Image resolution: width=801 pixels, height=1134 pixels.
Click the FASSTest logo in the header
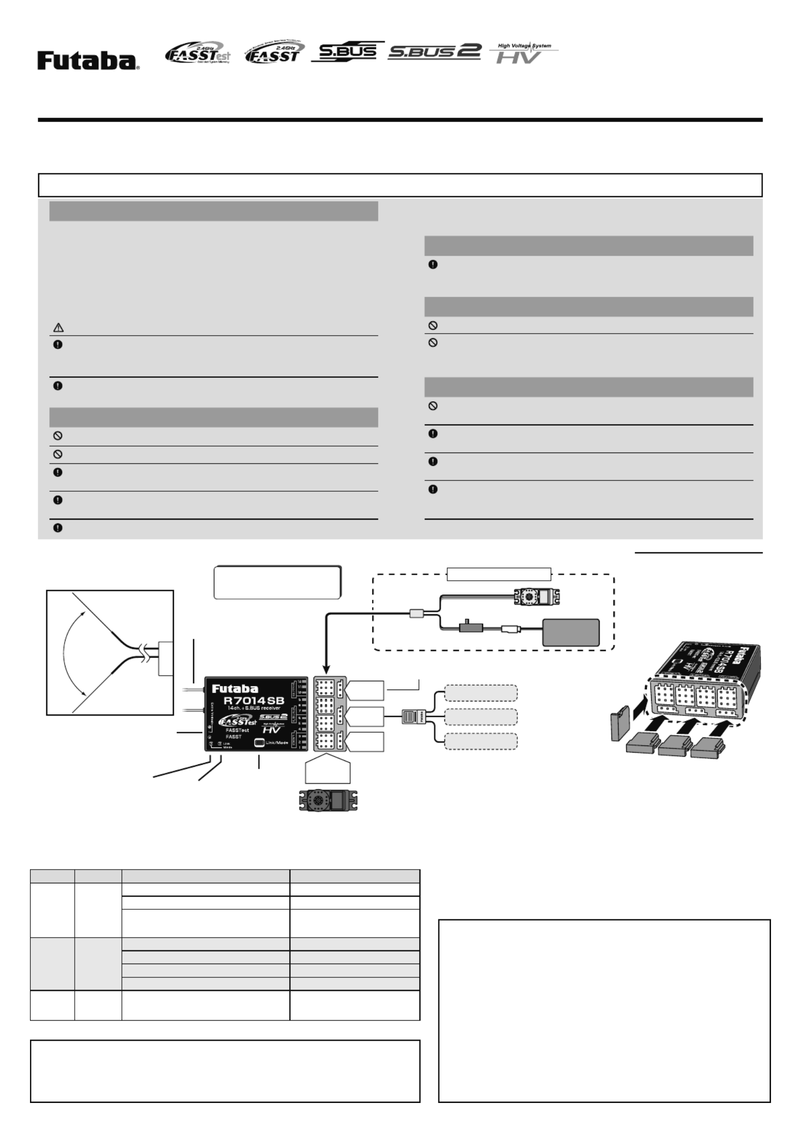pyautogui.click(x=197, y=53)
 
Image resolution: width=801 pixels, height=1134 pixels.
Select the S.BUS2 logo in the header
pyautogui.click(x=434, y=52)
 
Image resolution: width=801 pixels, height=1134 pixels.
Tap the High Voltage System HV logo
pyautogui.click(x=524, y=53)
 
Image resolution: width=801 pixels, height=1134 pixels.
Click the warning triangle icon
pyautogui.click(x=58, y=329)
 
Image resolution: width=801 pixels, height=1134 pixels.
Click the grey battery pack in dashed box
pyautogui.click(x=571, y=632)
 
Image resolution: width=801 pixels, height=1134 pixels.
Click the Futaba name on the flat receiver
pyautogui.click(x=235, y=689)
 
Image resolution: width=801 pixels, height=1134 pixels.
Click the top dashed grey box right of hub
pyautogui.click(x=481, y=693)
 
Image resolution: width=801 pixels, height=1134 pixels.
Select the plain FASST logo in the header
pyautogui.click(x=274, y=53)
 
